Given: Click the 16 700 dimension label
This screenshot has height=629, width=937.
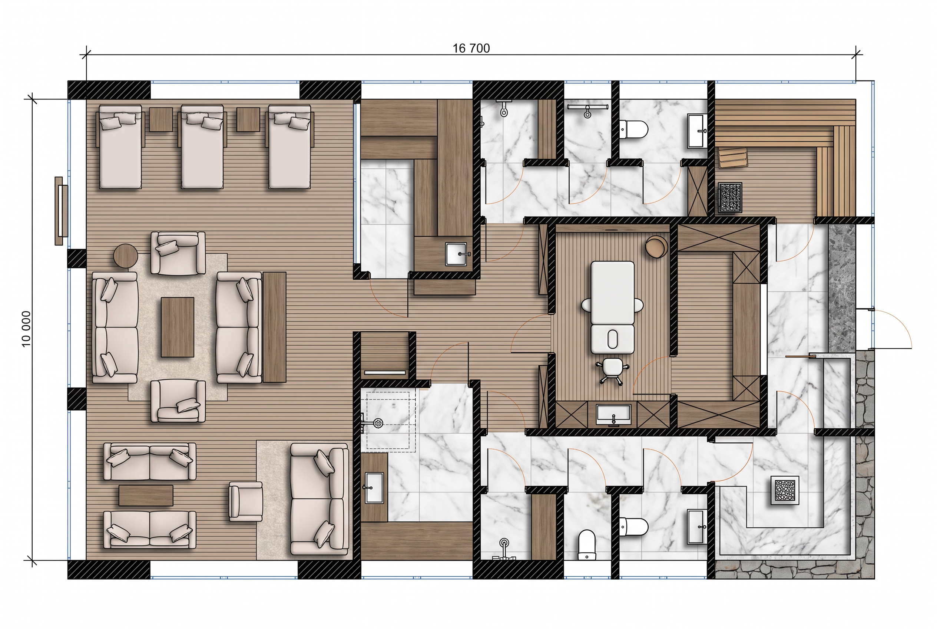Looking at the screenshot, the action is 471,49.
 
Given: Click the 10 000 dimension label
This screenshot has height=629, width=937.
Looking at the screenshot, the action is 26,329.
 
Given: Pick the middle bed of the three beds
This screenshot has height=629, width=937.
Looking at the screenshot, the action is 202,146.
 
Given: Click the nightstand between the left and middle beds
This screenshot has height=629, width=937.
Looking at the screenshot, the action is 161,119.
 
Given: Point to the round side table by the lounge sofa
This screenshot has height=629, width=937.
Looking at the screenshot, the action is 126,256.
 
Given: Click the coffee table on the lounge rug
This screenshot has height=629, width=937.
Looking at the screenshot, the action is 178,327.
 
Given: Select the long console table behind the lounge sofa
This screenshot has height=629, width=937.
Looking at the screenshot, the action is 275,327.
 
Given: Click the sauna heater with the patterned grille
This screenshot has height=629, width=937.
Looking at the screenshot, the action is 730,197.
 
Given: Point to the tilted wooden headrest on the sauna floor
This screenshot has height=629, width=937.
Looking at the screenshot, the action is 733,158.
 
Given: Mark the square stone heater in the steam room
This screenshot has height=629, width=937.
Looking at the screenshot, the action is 785,490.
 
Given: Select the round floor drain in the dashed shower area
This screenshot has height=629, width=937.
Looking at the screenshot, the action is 378,422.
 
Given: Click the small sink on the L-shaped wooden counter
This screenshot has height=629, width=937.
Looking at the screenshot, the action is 457,254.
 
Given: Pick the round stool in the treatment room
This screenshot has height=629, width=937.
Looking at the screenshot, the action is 656,246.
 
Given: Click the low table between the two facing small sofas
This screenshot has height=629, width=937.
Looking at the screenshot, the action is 146,495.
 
